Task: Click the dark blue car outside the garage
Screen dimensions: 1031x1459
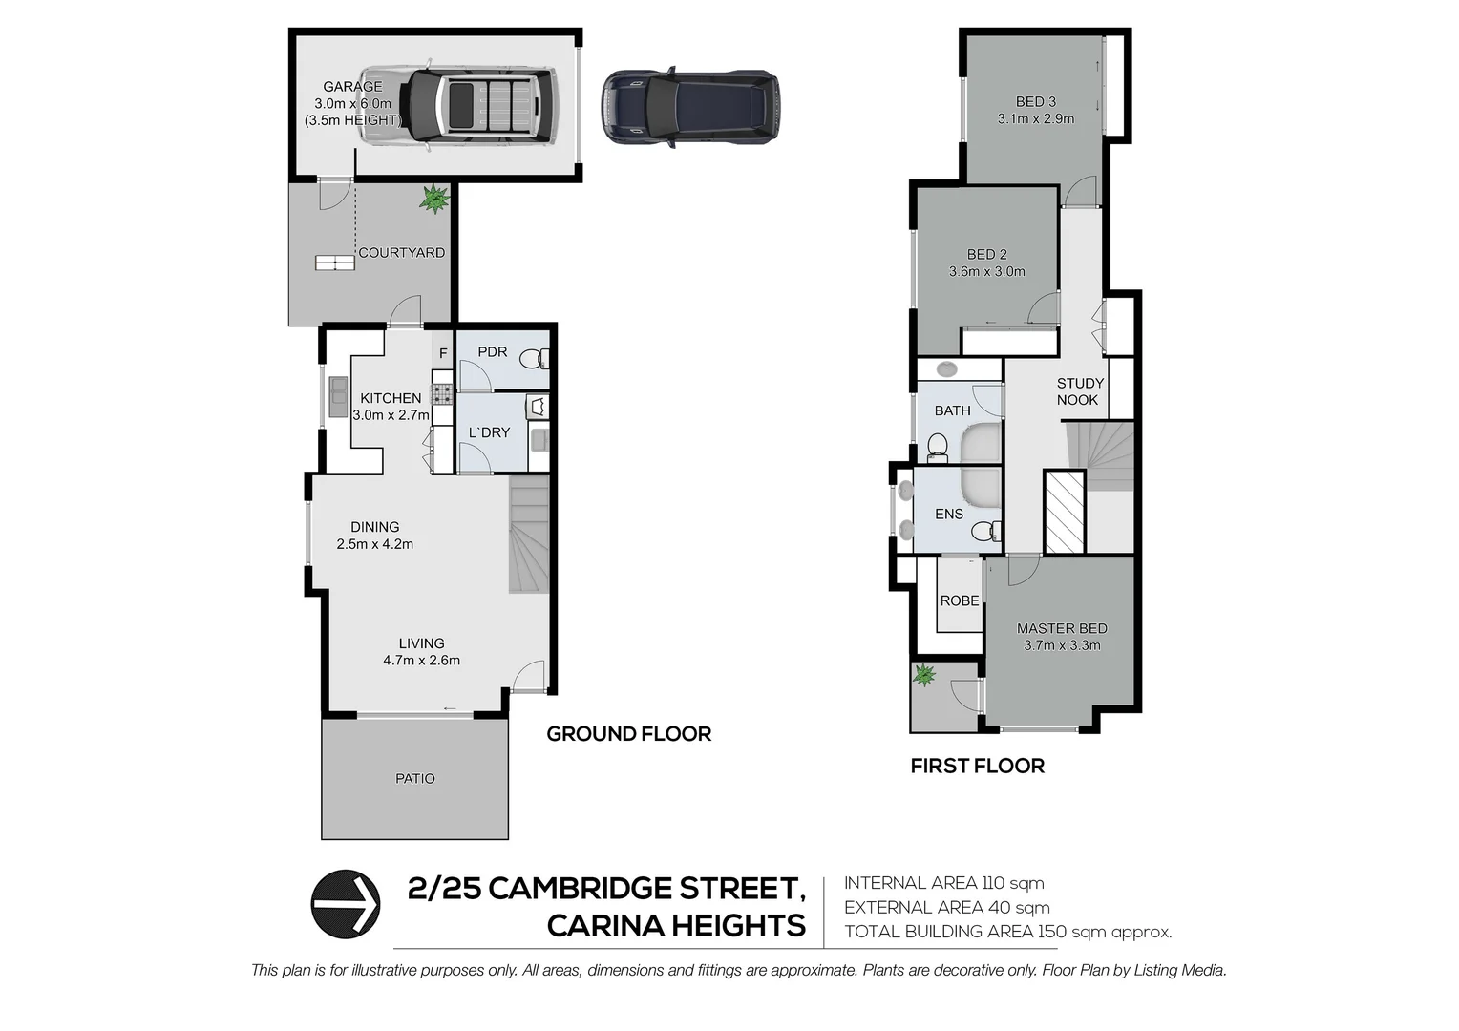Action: [x=690, y=106]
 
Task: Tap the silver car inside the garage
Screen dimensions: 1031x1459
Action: [x=455, y=105]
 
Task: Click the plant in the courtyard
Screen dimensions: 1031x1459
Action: [x=434, y=199]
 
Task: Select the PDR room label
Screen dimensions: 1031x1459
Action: [x=492, y=352]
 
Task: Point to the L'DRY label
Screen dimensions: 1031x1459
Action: [x=489, y=432]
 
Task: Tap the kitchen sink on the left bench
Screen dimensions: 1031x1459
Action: [x=338, y=397]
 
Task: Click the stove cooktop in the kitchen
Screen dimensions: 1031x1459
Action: [x=442, y=391]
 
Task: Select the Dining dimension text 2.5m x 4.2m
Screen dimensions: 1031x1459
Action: [x=374, y=544]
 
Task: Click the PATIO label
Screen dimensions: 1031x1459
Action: [x=415, y=779]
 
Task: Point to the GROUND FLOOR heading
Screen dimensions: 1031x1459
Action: [x=628, y=734]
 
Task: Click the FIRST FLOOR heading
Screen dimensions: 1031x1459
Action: [x=977, y=766]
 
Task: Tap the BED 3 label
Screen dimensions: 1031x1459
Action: [x=1035, y=102]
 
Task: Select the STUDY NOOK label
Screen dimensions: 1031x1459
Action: [x=1079, y=391]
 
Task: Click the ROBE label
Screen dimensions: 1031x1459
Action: [x=960, y=600]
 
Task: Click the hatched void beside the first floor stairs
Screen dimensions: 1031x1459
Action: [x=1065, y=512]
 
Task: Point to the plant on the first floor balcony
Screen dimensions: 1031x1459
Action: [x=923, y=676]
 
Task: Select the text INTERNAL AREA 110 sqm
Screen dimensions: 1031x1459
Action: [x=943, y=883]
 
